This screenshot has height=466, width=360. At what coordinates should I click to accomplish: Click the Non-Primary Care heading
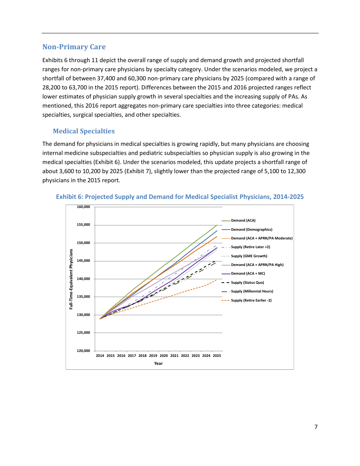pos(74,47)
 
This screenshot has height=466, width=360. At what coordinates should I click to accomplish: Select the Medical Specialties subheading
pos(83,131)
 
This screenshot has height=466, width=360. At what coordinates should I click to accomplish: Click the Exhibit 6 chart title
pos(180,197)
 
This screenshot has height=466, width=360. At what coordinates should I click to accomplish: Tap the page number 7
pos(316,427)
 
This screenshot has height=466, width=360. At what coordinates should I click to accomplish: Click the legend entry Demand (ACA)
pos(243,220)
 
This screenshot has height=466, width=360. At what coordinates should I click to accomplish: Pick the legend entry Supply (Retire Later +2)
pos(250,247)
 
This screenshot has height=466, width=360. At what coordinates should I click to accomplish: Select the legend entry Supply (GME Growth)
pos(249,256)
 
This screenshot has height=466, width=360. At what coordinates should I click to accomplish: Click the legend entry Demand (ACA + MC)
pos(248,274)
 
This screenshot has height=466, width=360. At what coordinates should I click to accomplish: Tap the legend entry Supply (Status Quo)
pos(247,283)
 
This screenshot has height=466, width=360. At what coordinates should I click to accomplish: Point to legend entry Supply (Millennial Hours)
pos(252,291)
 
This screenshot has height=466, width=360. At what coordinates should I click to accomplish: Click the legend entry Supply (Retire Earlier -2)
pos(251,300)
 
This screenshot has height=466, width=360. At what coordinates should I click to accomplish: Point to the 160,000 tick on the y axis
pos(83,207)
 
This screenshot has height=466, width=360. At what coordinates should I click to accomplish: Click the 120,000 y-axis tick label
pos(83,351)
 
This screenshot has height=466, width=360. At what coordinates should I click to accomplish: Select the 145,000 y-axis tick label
pos(83,261)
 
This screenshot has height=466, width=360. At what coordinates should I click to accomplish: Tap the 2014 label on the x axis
pos(100,356)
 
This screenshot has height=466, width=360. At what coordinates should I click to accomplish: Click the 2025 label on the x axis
pos(217,356)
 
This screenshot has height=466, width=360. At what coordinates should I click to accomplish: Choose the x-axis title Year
pos(158,364)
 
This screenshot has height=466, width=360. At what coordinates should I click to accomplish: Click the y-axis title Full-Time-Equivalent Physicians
pos(71,279)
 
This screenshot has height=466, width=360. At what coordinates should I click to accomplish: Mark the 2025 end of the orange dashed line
pos(217,280)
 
